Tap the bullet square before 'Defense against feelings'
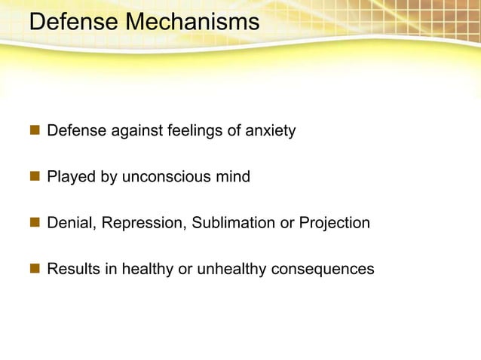click(x=34, y=132)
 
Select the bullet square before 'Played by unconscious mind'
click(x=34, y=178)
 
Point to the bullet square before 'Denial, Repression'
click(x=34, y=223)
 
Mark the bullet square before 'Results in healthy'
click(x=34, y=269)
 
